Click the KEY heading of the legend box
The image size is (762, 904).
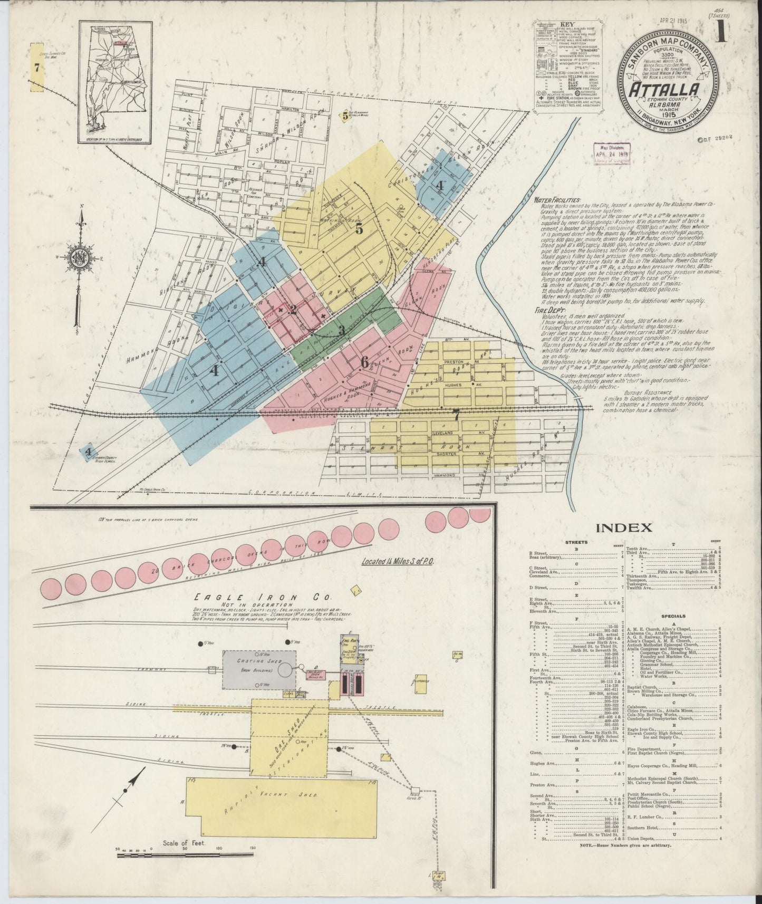[565, 24]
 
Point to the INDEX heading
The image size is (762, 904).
[625, 527]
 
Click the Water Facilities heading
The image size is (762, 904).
[557, 200]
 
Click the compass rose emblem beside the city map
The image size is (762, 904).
[79, 258]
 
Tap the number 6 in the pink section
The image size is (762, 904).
[364, 362]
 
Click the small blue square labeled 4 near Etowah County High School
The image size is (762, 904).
[89, 451]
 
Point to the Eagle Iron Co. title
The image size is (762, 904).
[261, 598]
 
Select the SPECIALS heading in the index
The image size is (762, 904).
[671, 616]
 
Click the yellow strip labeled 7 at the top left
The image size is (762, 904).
[36, 68]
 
